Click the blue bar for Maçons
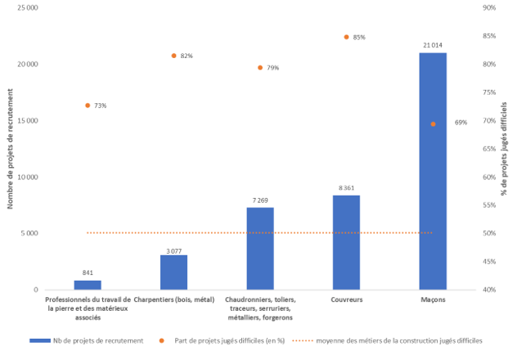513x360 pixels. (433, 172)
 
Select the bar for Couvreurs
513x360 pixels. (346, 242)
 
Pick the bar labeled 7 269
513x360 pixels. (260, 249)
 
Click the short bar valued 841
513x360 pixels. (88, 285)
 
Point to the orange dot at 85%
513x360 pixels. (346, 37)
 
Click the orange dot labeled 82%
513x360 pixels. (173, 56)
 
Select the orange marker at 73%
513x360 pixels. (88, 106)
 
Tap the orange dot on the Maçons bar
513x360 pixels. (433, 124)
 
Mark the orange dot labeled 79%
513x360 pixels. (260, 67)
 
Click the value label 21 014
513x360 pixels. (433, 45)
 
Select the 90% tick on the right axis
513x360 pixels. (491, 7)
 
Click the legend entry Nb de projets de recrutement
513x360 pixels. (86, 340)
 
